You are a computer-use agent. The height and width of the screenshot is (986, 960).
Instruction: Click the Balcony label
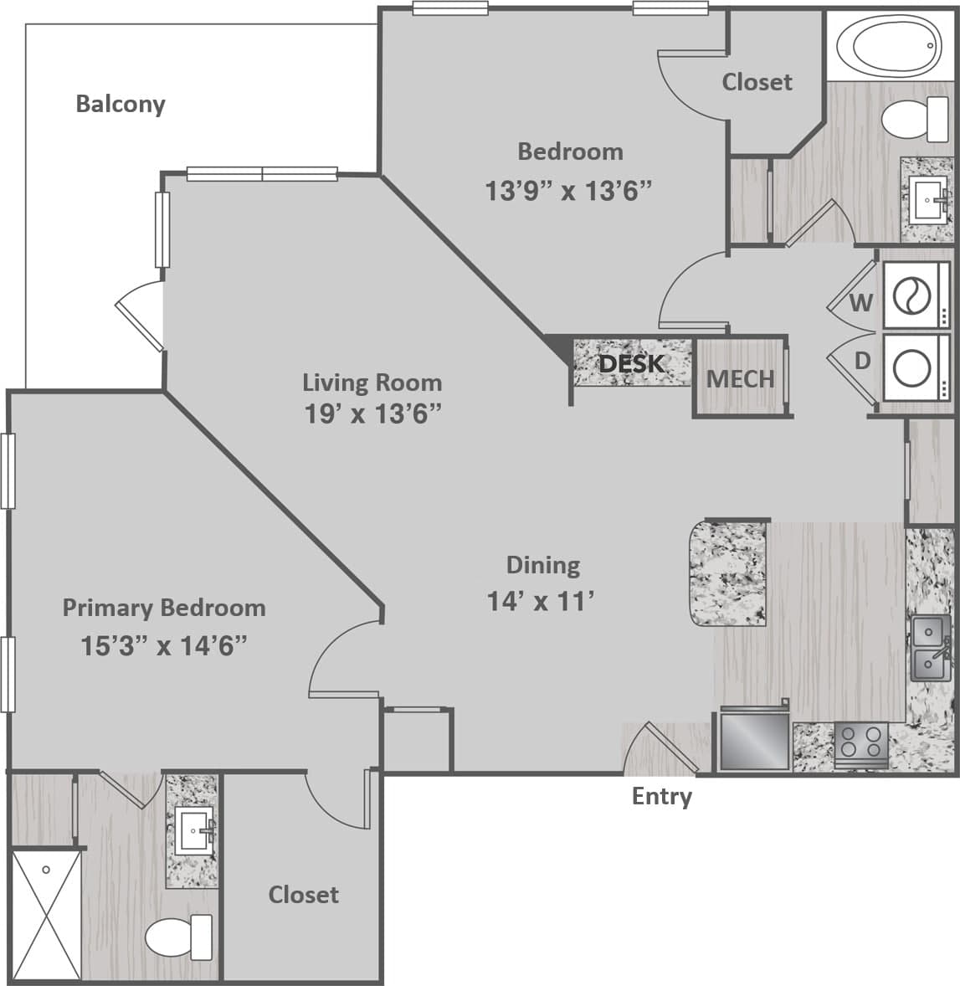click(x=121, y=104)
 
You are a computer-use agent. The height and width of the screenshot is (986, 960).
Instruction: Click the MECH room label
click(x=740, y=378)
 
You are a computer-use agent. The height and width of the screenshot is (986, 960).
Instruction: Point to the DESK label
click(x=632, y=363)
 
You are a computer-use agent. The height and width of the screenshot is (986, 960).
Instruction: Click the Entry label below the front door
click(x=661, y=796)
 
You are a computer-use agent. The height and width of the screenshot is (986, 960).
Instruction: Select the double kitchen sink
click(x=931, y=649)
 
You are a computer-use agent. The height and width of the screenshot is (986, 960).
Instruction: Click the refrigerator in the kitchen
click(x=755, y=741)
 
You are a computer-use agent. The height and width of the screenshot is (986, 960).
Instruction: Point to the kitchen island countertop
click(x=727, y=573)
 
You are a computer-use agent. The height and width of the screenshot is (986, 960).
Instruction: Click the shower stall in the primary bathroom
click(x=46, y=916)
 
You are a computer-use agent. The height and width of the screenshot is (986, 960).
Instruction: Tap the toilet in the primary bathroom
click(x=180, y=937)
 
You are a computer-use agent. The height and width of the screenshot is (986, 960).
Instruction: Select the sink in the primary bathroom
click(x=194, y=831)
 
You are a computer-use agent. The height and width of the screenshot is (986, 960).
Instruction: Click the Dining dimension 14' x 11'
click(x=541, y=600)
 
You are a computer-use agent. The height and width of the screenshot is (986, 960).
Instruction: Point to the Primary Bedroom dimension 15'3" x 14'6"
click(x=164, y=645)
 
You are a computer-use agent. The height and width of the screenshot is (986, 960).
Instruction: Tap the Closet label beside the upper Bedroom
click(x=757, y=82)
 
